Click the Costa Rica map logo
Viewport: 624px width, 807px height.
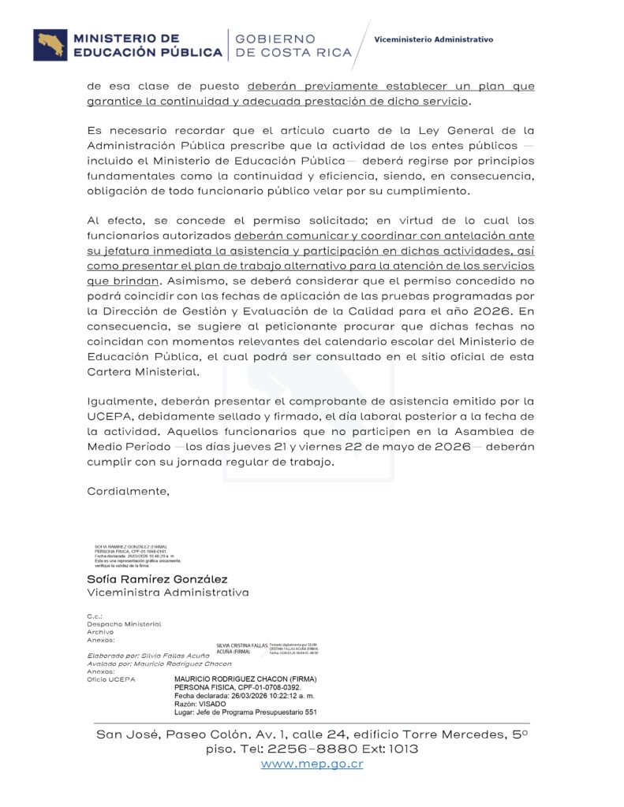[50, 45]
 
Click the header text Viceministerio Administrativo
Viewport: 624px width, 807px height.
[433, 39]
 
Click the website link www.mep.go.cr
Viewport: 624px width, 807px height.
[312, 764]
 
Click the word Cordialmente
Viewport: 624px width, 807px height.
[128, 491]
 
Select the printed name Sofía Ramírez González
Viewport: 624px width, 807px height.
[157, 579]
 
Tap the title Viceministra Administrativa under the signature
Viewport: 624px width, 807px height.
[167, 593]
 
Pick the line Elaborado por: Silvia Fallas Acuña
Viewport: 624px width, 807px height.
[148, 656]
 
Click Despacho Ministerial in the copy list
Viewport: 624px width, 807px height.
[124, 623]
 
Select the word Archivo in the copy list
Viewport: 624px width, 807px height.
[100, 631]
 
